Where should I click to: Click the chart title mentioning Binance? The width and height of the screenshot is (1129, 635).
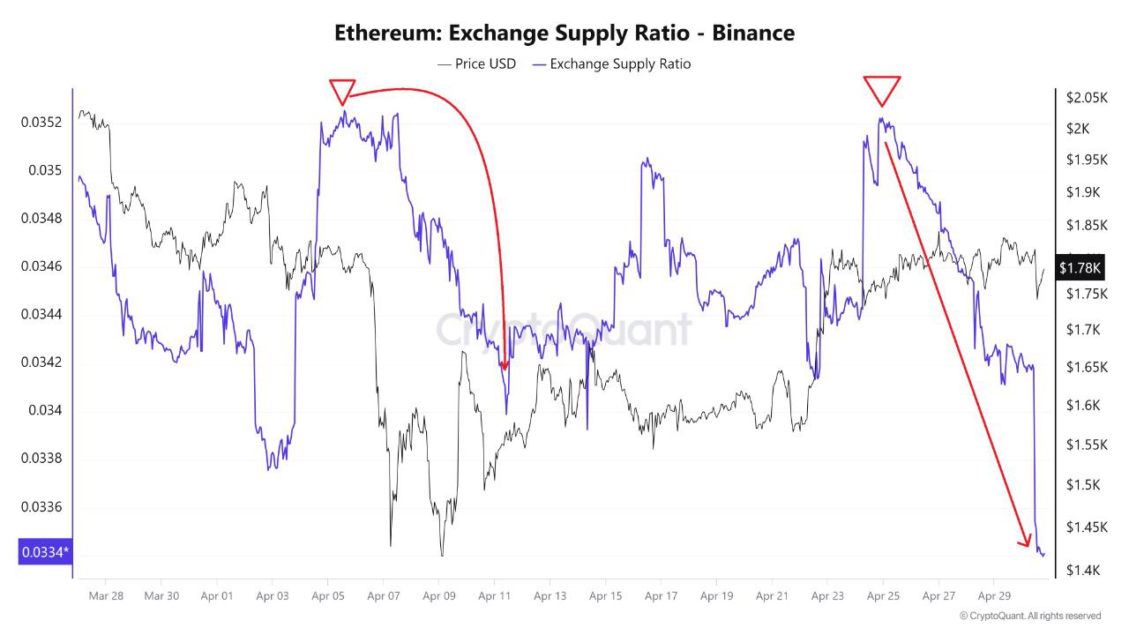[564, 34]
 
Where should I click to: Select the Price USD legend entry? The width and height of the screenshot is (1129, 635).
[476, 63]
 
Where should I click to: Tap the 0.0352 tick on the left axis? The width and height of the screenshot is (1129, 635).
[41, 122]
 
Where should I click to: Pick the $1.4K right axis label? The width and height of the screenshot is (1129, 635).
[1082, 571]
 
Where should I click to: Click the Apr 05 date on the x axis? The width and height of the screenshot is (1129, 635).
[327, 596]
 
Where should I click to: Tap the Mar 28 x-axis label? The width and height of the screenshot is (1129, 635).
[106, 596]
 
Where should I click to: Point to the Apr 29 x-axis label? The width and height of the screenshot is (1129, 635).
[993, 596]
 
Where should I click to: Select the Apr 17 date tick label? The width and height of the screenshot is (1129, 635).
[661, 596]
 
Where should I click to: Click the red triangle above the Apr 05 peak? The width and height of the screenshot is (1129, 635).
[342, 91]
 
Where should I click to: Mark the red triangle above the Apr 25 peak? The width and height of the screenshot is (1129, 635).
[882, 90]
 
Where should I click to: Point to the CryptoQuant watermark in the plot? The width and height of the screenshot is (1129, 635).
[564, 329]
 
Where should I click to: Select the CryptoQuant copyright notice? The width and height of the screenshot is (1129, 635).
[1030, 616]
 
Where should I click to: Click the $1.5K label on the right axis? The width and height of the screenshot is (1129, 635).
[1082, 485]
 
